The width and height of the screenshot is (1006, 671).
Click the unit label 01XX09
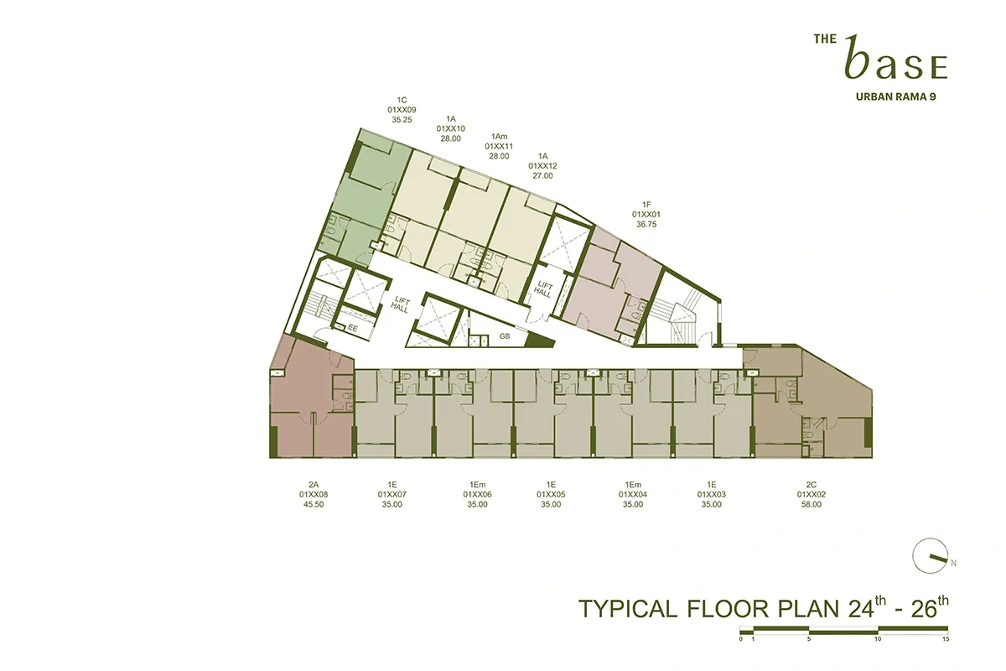(402, 110)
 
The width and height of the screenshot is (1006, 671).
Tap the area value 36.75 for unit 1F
(646, 224)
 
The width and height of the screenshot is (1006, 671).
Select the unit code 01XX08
(314, 495)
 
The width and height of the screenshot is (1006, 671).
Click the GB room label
(505, 335)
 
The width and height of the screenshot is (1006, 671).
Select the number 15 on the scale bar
(945, 638)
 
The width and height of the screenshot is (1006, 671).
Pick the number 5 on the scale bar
(809, 638)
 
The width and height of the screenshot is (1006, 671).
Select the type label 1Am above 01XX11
(500, 136)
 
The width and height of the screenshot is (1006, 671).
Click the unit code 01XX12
(542, 166)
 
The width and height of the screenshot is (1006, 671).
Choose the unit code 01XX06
(478, 495)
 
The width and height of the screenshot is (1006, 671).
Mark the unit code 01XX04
(634, 495)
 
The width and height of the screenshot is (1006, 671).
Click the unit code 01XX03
(712, 495)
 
